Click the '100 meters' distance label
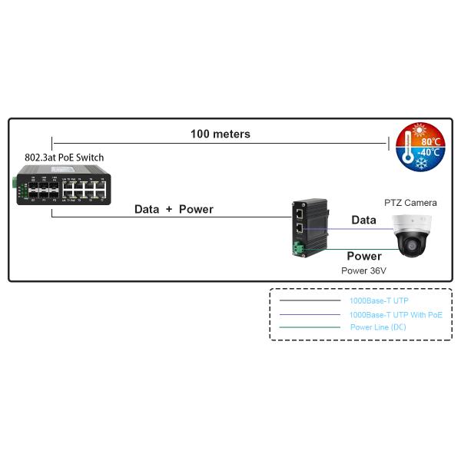221,134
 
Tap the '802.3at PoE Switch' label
64,158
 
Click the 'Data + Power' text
174,209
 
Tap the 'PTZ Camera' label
410,203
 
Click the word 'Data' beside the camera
363,220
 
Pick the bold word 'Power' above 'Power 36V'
363,256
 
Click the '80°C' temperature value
430,142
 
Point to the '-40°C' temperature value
429,153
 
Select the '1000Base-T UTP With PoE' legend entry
396,315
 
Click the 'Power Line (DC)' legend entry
378,327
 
